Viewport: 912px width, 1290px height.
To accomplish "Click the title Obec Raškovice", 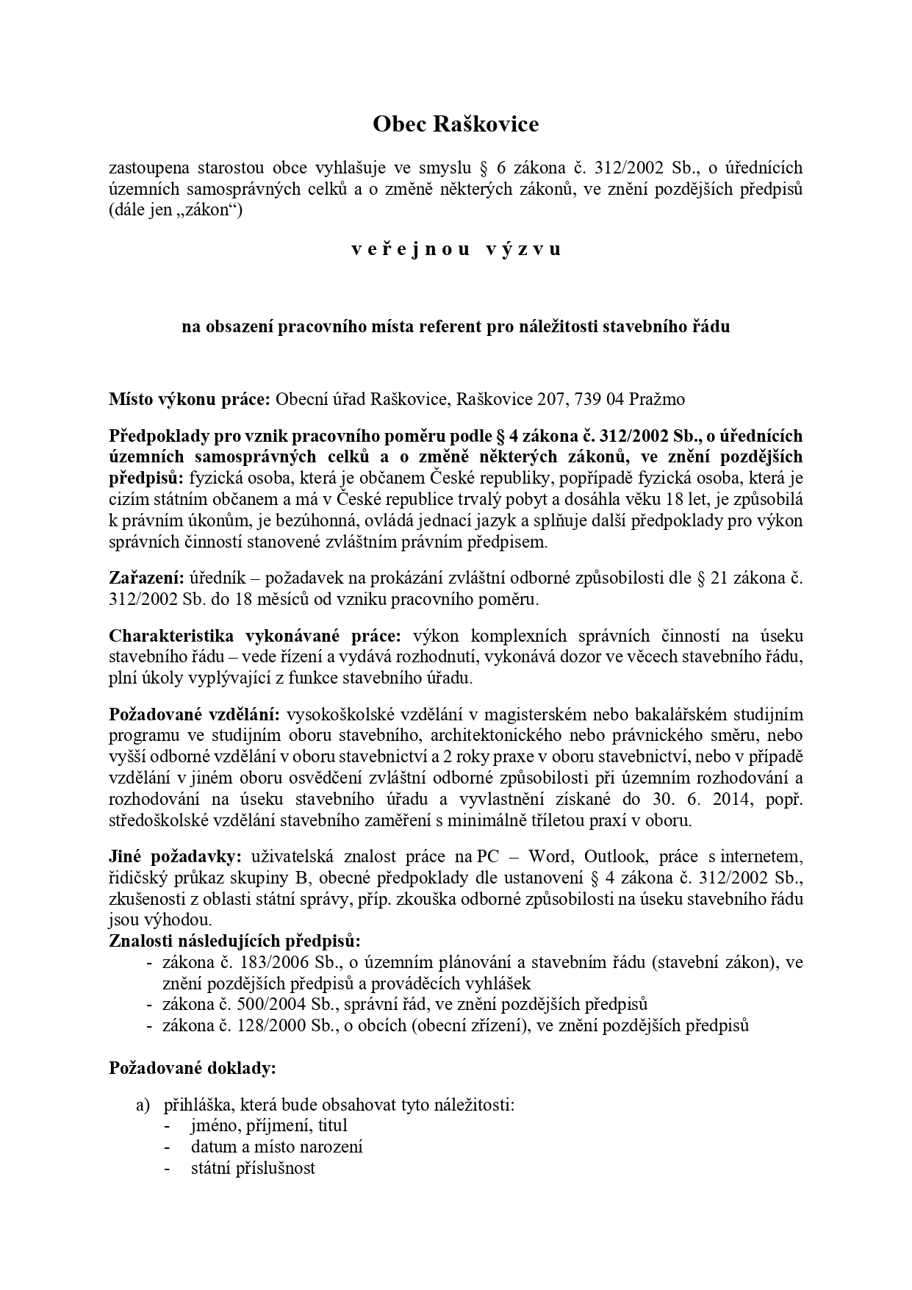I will click(456, 124).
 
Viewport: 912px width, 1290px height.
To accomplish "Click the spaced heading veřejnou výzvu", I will click(456, 249).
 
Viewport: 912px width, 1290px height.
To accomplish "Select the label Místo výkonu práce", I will click(190, 400).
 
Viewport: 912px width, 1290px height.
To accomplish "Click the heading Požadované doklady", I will click(193, 1068).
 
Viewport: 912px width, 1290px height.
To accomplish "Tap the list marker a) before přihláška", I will click(143, 1105).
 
